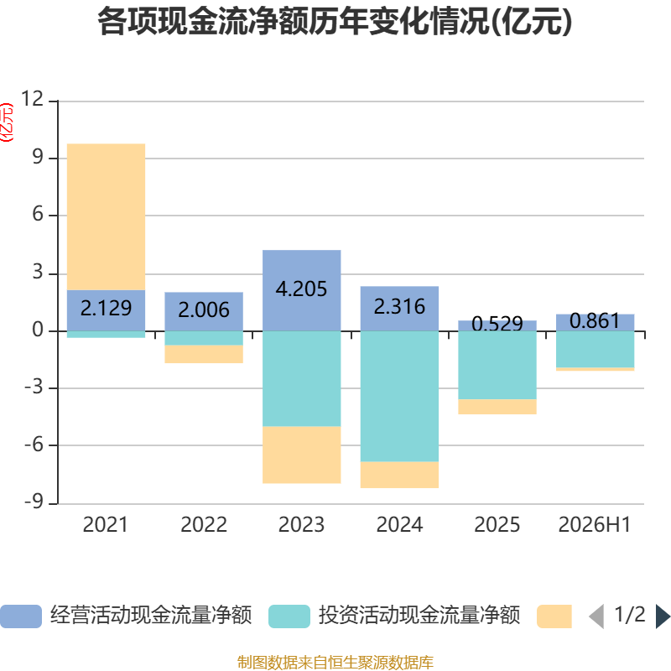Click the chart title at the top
point(335,22)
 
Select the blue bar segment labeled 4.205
point(302,290)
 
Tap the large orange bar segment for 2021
point(107,217)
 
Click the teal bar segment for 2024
point(400,396)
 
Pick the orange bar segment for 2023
point(302,455)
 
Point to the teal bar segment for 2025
point(497,365)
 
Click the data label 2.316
point(400,306)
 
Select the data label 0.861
point(595,321)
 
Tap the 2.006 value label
point(204,309)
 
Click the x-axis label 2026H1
point(595,525)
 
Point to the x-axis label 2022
point(204,525)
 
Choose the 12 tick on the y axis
point(33,99)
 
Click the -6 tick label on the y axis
point(34,445)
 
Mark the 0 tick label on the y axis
point(38,330)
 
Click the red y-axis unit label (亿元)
point(7,122)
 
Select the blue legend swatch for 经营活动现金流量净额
point(21,616)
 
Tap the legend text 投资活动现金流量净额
point(419,616)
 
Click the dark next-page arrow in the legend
point(663,616)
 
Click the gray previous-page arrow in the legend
point(596,616)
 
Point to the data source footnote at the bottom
point(335,662)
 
